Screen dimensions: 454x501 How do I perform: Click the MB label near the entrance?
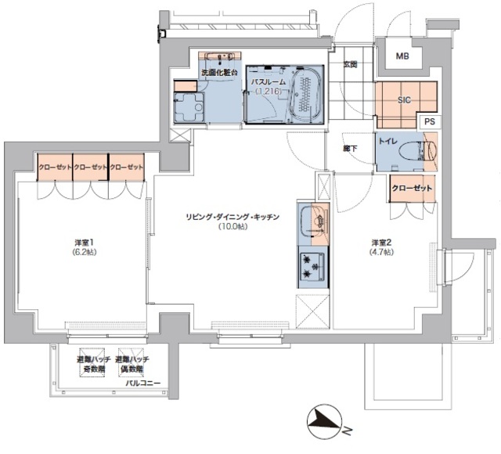402,56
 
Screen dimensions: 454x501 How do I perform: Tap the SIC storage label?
404,100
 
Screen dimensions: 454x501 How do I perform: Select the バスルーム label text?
269,81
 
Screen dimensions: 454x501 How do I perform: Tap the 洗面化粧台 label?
219,73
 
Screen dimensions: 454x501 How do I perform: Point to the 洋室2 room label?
382,243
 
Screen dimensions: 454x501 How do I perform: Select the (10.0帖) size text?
232,227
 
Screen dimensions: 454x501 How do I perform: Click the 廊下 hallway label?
348,146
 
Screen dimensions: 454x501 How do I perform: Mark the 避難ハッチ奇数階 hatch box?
91,364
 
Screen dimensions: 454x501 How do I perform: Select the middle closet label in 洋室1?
90,168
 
